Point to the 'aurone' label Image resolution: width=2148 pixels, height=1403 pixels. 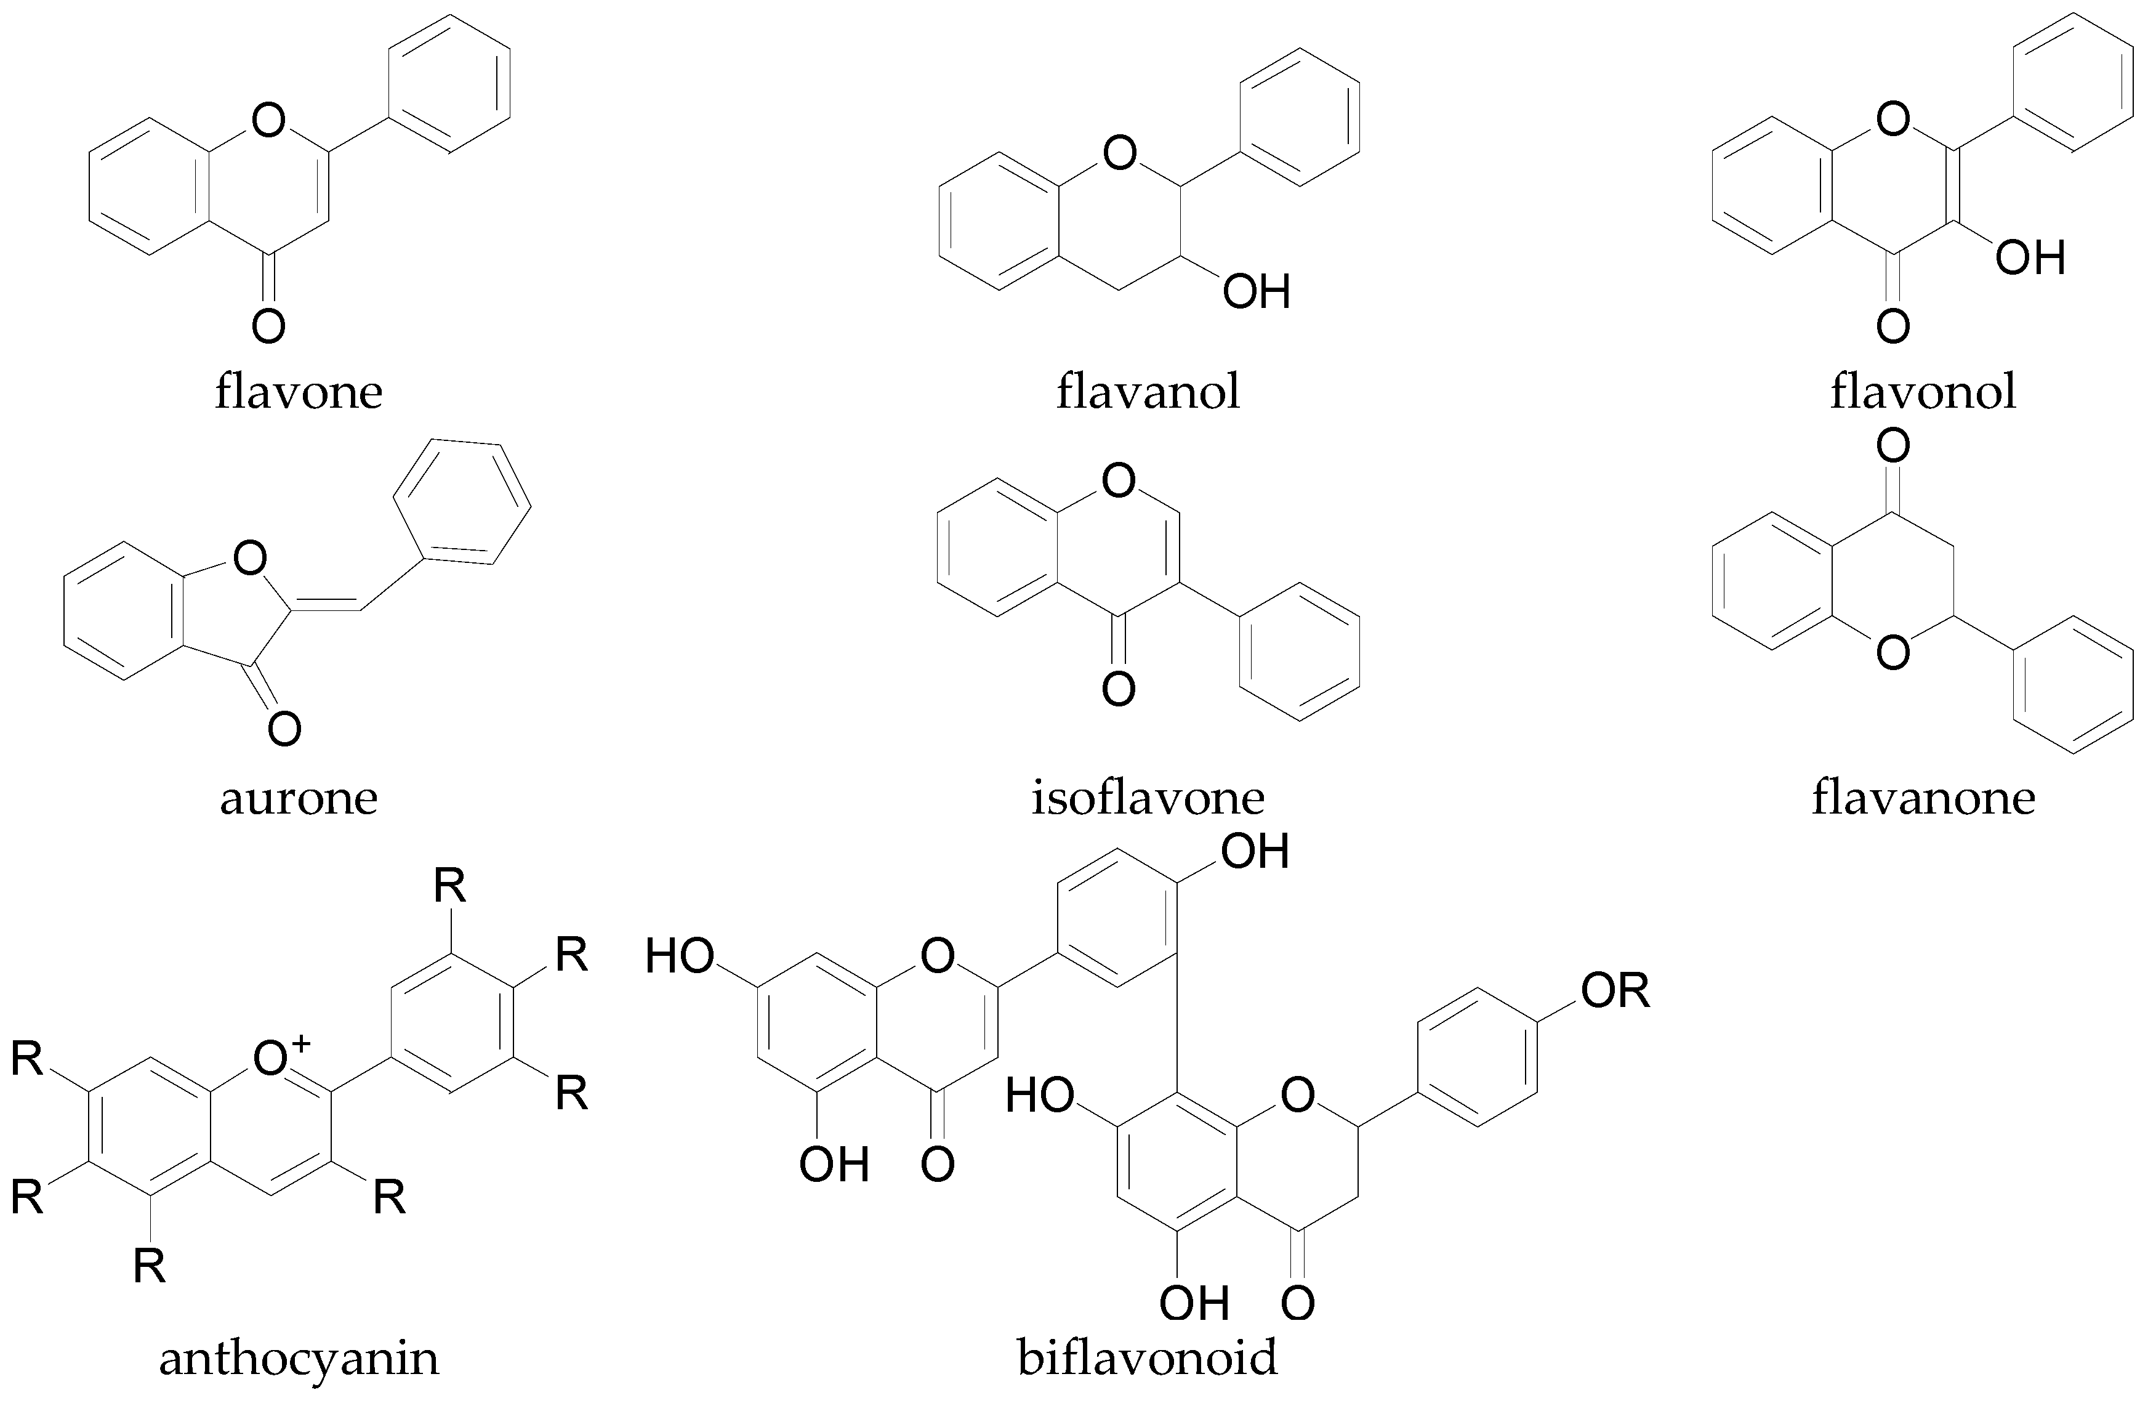click(x=299, y=798)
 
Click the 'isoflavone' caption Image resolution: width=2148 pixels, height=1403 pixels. click(x=1148, y=798)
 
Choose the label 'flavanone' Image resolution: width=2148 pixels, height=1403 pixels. click(x=1923, y=798)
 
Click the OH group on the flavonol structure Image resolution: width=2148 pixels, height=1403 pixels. click(x=2030, y=258)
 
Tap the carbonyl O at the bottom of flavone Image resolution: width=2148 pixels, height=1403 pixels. click(x=268, y=326)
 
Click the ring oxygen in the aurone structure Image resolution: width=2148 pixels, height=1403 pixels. click(x=250, y=560)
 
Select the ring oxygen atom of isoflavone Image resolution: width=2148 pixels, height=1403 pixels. click(x=1119, y=481)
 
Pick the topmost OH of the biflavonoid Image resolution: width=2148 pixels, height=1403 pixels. click(x=1255, y=851)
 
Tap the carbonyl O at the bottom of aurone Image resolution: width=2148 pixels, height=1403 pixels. click(x=284, y=729)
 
